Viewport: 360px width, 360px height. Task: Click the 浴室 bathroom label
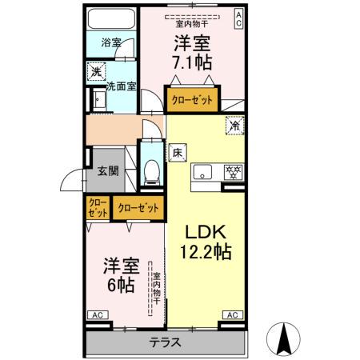click(110, 43)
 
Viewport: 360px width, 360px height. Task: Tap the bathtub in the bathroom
click(111, 19)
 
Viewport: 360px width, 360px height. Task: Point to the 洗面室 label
click(121, 86)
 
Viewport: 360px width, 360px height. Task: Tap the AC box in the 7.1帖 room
click(238, 18)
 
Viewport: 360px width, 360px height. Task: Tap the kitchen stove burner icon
click(234, 171)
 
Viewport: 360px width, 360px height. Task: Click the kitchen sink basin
click(203, 170)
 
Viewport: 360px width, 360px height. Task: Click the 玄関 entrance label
click(109, 170)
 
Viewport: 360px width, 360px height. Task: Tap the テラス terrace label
click(165, 343)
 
